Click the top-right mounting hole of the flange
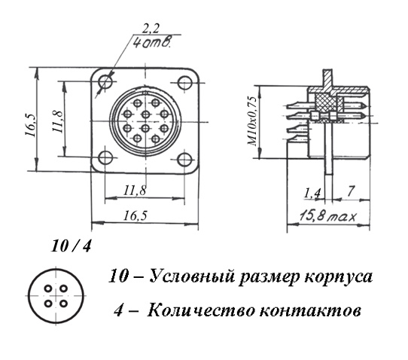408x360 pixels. click(x=185, y=82)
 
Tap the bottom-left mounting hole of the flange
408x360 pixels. click(x=105, y=157)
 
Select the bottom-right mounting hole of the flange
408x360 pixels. click(x=184, y=159)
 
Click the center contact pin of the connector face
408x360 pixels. click(x=146, y=114)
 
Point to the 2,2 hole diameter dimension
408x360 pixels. click(x=151, y=29)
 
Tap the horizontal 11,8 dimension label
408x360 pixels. click(x=135, y=191)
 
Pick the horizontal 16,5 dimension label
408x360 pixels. click(x=135, y=215)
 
